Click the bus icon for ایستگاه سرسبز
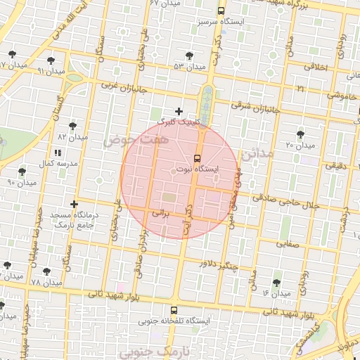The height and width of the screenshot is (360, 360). pyautogui.click(x=221, y=11)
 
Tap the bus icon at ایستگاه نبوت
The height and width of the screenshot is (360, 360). pyautogui.click(x=196, y=157)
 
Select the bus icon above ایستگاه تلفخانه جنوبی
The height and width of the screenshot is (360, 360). pyautogui.click(x=174, y=309)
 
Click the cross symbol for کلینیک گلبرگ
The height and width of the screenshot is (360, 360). pyautogui.click(x=179, y=111)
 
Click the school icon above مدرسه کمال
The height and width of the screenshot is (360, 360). pyautogui.click(x=57, y=152)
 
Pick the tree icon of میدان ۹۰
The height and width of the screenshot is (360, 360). pyautogui.click(x=22, y=172)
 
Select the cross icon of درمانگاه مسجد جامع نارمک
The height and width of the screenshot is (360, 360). pyautogui.click(x=74, y=204)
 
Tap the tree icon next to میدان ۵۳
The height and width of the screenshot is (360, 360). pyautogui.click(x=189, y=55)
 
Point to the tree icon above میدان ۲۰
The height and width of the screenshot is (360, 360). pyautogui.click(x=301, y=133)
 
